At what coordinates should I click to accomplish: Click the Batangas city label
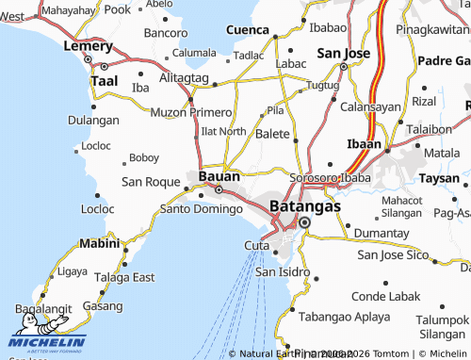point(305,204)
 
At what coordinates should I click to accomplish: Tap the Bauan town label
point(219,175)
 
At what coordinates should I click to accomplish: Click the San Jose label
point(343,53)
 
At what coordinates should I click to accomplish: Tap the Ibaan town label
point(364,144)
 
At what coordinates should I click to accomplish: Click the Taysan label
point(438,177)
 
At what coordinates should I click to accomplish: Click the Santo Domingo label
point(202,208)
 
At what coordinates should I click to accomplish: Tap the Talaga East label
point(123,277)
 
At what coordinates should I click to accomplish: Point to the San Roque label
point(151,181)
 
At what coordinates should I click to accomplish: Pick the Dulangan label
point(93,121)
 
